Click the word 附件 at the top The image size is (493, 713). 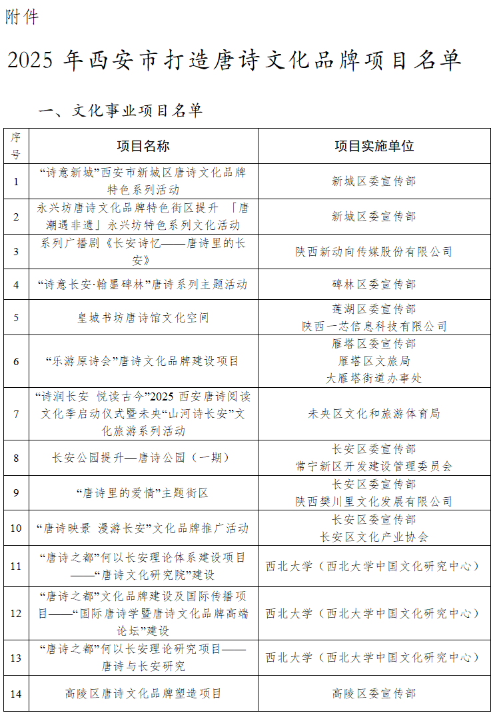click(x=22, y=17)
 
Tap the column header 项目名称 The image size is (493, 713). click(x=143, y=147)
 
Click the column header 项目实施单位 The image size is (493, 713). click(x=374, y=147)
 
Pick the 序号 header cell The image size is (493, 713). click(x=16, y=146)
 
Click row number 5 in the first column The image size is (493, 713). click(x=16, y=318)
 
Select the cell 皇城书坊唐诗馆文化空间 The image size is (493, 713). click(x=143, y=318)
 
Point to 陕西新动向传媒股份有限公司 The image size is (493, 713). click(x=374, y=252)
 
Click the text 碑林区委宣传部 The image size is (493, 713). click(x=374, y=285)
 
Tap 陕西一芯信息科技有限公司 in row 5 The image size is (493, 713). click(x=374, y=327)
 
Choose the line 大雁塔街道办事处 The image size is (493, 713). click(x=374, y=378)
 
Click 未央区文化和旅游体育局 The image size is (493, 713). click(x=374, y=414)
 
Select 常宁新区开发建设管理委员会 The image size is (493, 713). click(x=374, y=466)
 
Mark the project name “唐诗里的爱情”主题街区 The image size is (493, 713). click(x=143, y=493)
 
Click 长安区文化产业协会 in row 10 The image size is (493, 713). click(x=374, y=536)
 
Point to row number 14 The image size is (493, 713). click(x=16, y=694)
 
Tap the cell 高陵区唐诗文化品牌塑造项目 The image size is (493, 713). click(x=143, y=694)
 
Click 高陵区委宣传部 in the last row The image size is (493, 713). click(x=374, y=694)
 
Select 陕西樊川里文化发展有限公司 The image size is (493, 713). click(x=374, y=502)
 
